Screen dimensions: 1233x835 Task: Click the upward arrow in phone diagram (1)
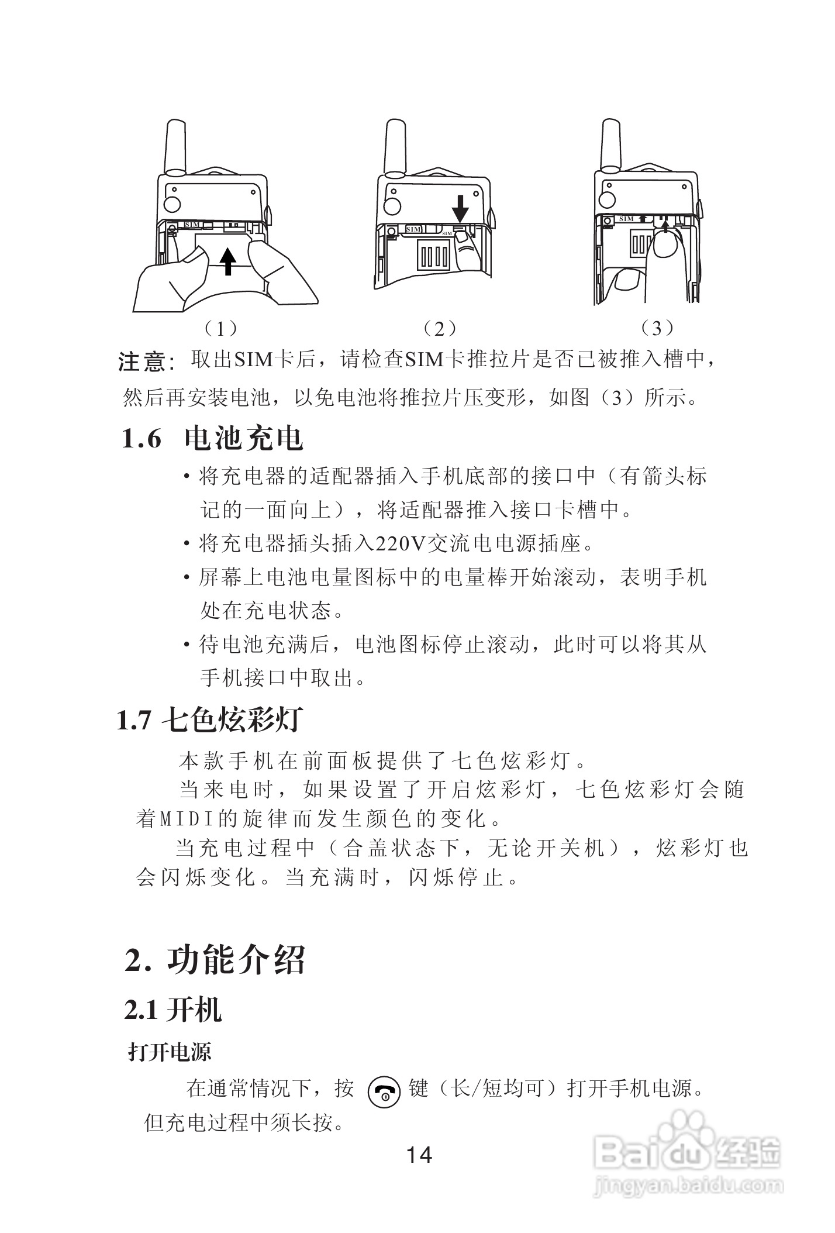pyautogui.click(x=229, y=260)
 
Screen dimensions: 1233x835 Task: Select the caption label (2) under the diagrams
pyautogui.click(x=439, y=329)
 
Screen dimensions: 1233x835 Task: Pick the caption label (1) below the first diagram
pyautogui.click(x=219, y=329)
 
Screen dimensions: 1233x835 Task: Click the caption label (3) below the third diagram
pyautogui.click(x=657, y=328)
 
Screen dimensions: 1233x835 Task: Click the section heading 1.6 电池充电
pyautogui.click(x=212, y=438)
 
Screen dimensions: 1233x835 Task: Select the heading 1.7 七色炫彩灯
pyautogui.click(x=209, y=720)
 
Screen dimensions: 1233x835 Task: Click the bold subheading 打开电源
pyautogui.click(x=170, y=1053)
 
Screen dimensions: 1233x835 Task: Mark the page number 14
pyautogui.click(x=419, y=1155)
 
